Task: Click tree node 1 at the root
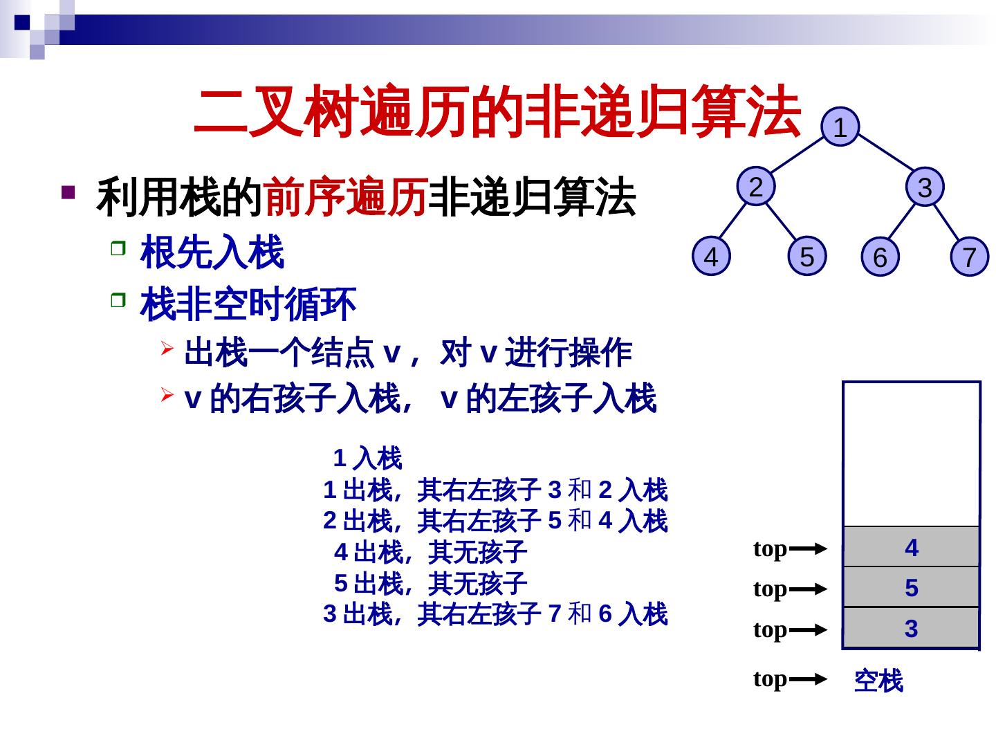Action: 840,128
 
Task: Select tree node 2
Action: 756,187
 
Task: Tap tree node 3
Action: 925,187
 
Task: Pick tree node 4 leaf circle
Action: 711,257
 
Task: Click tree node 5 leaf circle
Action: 806,257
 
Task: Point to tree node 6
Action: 879,257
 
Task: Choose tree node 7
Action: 969,257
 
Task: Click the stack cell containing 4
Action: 911,548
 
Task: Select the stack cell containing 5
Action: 911,588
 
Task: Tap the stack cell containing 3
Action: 911,629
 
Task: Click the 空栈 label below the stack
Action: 878,681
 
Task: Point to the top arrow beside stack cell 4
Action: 807,550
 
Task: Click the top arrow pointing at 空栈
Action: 807,680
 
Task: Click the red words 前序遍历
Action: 344,197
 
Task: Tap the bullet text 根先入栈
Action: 212,252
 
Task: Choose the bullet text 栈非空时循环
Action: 248,304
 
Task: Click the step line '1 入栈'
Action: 367,458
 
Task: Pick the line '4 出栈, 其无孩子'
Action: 430,552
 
